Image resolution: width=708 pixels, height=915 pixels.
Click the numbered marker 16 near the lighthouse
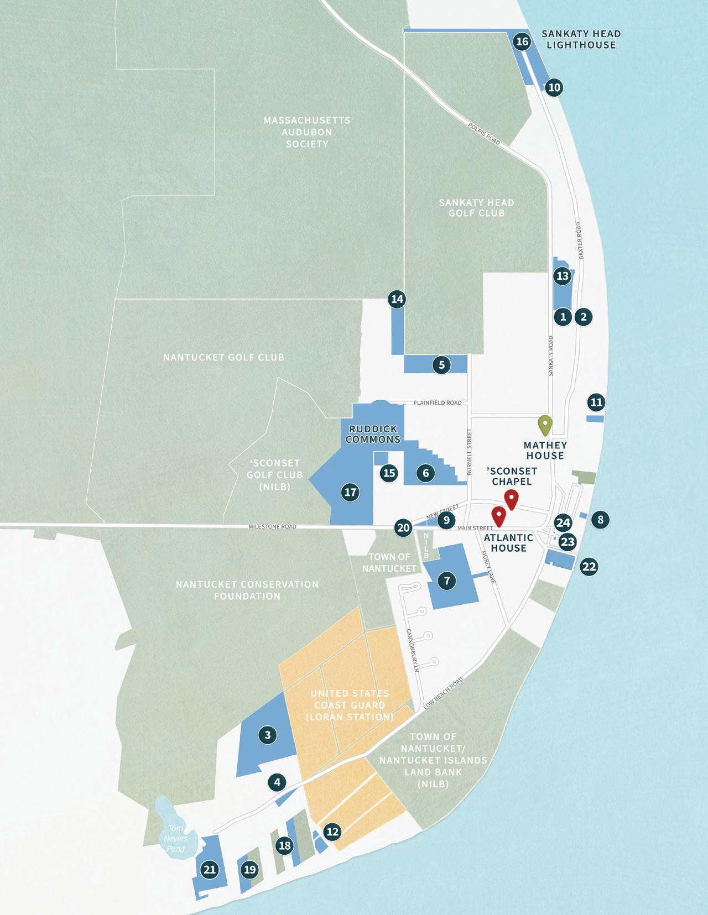pyautogui.click(x=522, y=41)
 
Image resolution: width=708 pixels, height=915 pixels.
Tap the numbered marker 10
pyautogui.click(x=554, y=87)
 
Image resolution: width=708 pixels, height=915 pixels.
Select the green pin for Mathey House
pyautogui.click(x=545, y=425)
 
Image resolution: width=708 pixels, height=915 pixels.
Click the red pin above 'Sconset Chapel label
pyautogui.click(x=511, y=499)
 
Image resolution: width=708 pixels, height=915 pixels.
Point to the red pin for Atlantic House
pyautogui.click(x=499, y=516)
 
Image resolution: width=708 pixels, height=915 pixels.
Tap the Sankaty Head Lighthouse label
pyautogui.click(x=581, y=39)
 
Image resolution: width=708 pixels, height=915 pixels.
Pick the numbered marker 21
pyautogui.click(x=209, y=870)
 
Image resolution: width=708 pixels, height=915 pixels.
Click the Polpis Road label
pyautogui.click(x=483, y=133)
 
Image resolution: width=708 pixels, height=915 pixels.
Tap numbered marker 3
pyautogui.click(x=268, y=735)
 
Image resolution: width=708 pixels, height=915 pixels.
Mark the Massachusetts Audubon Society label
pyautogui.click(x=307, y=132)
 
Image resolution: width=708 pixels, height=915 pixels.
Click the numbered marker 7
pyautogui.click(x=447, y=581)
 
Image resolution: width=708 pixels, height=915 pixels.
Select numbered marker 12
pyautogui.click(x=332, y=832)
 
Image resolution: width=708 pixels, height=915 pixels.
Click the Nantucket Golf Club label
pyautogui.click(x=223, y=358)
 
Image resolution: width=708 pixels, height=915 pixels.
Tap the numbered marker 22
pyautogui.click(x=589, y=567)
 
